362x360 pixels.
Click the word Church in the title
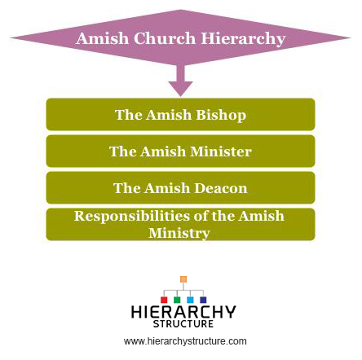[165, 38]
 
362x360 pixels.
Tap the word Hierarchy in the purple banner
[243, 39]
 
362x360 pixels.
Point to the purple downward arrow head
[180, 89]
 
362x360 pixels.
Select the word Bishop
[221, 115]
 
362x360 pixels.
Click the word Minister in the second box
[221, 151]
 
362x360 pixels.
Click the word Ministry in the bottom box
[179, 233]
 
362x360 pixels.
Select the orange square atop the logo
[183, 279]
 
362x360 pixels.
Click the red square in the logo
[164, 300]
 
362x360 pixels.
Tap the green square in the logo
[177, 300]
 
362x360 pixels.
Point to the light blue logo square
[190, 300]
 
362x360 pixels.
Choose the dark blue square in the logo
[203, 300]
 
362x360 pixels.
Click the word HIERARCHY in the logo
[183, 312]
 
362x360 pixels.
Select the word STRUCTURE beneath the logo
[183, 323]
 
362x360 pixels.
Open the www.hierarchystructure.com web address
[185, 341]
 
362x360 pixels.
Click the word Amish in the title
[102, 38]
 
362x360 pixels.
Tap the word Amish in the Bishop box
[169, 115]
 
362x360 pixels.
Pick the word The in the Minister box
[122, 151]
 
